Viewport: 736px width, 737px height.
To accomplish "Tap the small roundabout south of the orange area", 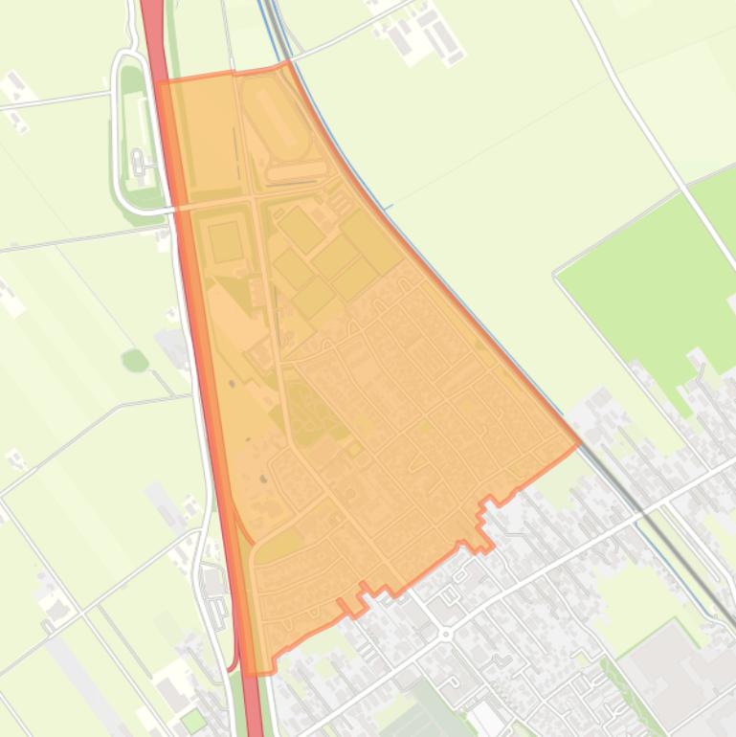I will pyautogui.click(x=445, y=634).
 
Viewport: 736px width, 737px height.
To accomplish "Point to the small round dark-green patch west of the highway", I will pyautogui.click(x=135, y=361).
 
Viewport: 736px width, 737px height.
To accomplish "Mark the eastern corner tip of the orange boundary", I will pyautogui.click(x=579, y=443).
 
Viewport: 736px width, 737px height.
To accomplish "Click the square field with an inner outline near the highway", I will pyautogui.click(x=226, y=241).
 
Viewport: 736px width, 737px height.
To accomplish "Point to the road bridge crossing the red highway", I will pyautogui.click(x=176, y=207).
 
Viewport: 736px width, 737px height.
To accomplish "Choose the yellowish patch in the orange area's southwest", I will pyautogui.click(x=279, y=547).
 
